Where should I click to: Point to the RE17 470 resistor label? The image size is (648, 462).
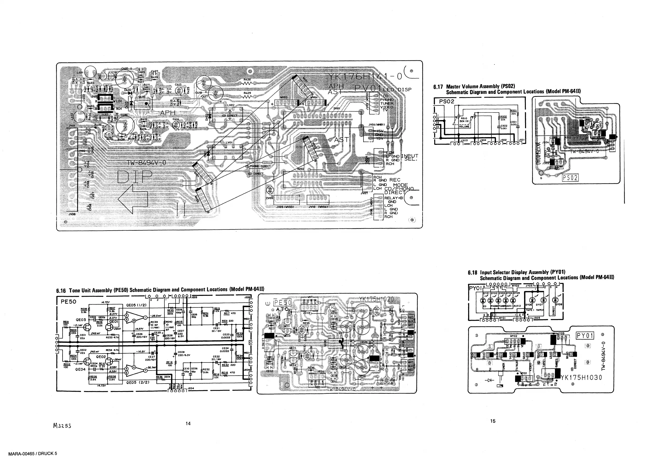pos(229,313)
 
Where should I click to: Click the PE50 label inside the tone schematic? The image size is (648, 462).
pos(68,302)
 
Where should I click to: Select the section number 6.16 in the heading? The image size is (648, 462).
pos(61,290)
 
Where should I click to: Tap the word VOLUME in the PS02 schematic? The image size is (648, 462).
pos(464,126)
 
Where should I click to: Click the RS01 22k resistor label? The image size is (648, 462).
pos(513,112)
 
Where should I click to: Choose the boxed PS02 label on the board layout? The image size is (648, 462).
pos(570,178)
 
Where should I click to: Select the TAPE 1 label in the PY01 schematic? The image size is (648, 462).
pos(530,310)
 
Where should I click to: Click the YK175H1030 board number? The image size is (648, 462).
pos(581,378)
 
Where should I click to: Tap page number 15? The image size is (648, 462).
pos(493,421)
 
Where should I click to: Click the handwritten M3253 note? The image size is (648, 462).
pos(62,426)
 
